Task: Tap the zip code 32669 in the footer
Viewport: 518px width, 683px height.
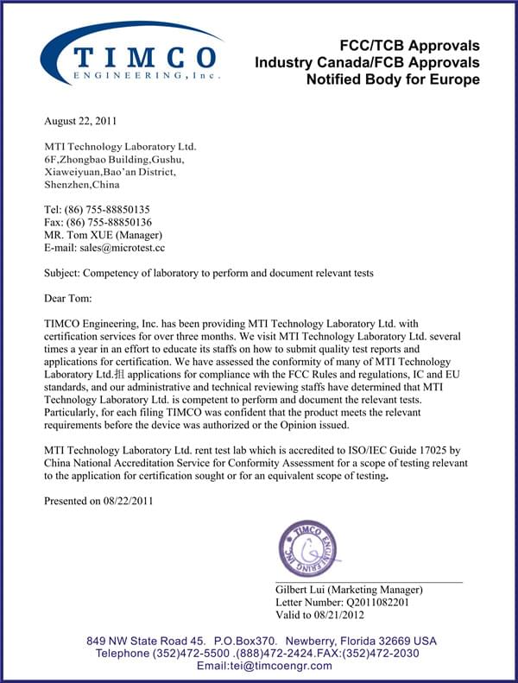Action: tap(395, 642)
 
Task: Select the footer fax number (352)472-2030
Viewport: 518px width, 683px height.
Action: tap(380, 654)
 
